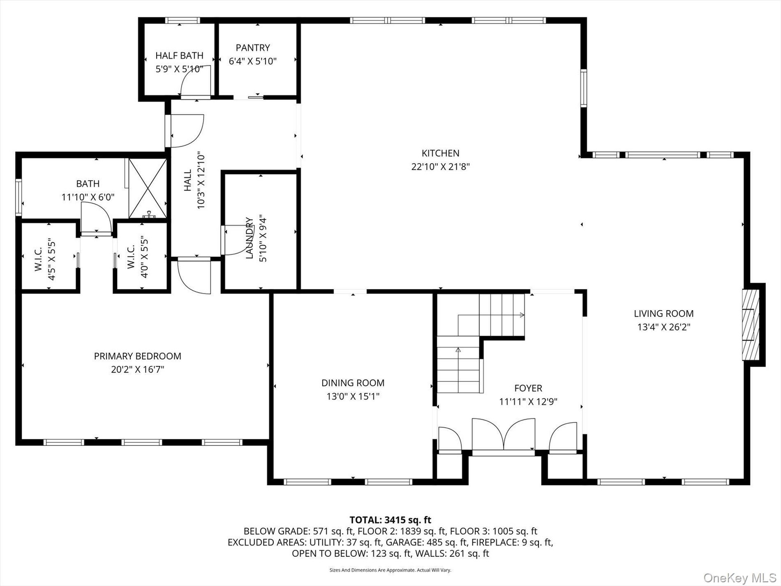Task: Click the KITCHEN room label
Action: coord(440,153)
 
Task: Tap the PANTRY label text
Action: coord(253,48)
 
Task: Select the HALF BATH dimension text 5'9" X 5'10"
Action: coord(179,69)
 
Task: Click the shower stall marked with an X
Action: coord(148,188)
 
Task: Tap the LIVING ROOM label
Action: coord(663,314)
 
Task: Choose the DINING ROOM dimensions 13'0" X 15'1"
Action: coord(353,397)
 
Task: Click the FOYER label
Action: coord(528,388)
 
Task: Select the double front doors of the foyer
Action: coord(503,435)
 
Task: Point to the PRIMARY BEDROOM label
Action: coord(137,356)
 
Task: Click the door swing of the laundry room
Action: coord(238,240)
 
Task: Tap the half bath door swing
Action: coord(196,81)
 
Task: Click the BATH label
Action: coord(88,184)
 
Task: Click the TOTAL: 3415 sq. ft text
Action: coord(390,520)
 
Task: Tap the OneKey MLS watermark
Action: coord(740,577)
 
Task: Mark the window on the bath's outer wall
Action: coord(19,197)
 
